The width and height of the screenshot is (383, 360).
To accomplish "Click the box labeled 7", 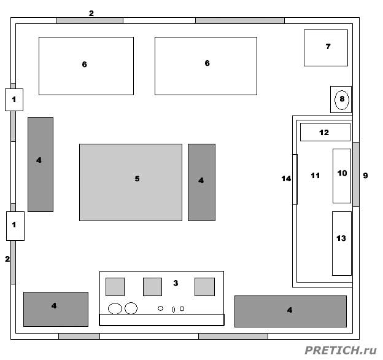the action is pyautogui.click(x=325, y=48).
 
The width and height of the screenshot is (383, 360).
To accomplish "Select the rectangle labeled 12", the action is pyautogui.click(x=325, y=132).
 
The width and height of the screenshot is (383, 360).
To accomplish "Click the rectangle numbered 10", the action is pyautogui.click(x=342, y=176).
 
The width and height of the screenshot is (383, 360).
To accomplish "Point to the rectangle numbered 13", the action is pyautogui.click(x=342, y=243).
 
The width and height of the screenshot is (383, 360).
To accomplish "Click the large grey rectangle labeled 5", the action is pyautogui.click(x=131, y=182).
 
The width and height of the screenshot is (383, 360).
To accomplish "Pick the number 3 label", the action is pyautogui.click(x=176, y=283).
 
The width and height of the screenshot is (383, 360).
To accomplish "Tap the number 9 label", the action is pyautogui.click(x=365, y=176).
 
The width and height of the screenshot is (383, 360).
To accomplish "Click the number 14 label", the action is pyautogui.click(x=286, y=179).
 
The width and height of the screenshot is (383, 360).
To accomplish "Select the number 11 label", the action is pyautogui.click(x=315, y=176).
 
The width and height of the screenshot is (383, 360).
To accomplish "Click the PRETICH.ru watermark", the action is pyautogui.click(x=341, y=350).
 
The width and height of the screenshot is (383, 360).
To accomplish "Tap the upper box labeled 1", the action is pyautogui.click(x=14, y=100).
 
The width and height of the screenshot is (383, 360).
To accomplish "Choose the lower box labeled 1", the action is pyautogui.click(x=15, y=226).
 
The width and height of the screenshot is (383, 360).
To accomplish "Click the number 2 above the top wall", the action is pyautogui.click(x=91, y=13).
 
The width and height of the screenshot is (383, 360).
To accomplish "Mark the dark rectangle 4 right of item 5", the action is pyautogui.click(x=201, y=182).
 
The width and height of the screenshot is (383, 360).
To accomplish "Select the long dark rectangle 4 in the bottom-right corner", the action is pyautogui.click(x=290, y=311).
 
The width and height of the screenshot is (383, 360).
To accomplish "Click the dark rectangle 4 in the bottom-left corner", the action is pyautogui.click(x=56, y=309).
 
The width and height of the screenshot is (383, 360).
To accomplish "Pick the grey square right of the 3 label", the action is pyautogui.click(x=204, y=287).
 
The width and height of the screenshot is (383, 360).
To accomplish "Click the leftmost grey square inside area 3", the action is pyautogui.click(x=115, y=287).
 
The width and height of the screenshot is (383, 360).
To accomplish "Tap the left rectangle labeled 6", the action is pyautogui.click(x=86, y=66).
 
